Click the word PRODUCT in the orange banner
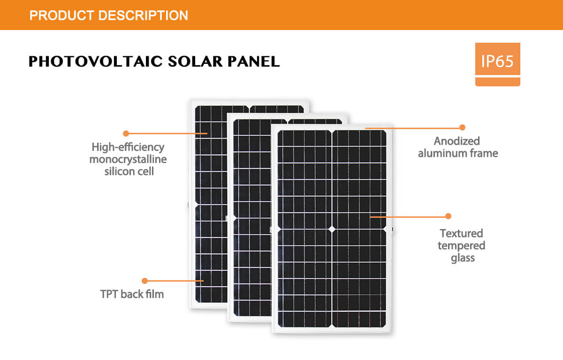coord(61,15)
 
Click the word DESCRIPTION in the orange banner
coord(143,15)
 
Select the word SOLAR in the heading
coord(195,61)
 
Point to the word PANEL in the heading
coord(254,61)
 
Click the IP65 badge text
coord(497,61)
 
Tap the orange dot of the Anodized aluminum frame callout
coord(462,128)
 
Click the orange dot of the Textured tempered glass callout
coord(448,216)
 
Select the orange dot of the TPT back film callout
coord(145,281)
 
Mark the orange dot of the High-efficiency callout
coord(126,133)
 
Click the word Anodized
coord(457,141)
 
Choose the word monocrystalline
coord(128,160)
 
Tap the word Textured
coord(462,233)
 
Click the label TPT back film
coord(132,294)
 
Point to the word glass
coord(463,258)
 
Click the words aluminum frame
coord(458,153)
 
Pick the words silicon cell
coord(129,171)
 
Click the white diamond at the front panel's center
coord(332,229)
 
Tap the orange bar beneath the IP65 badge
coord(498,82)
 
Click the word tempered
coord(462,245)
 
